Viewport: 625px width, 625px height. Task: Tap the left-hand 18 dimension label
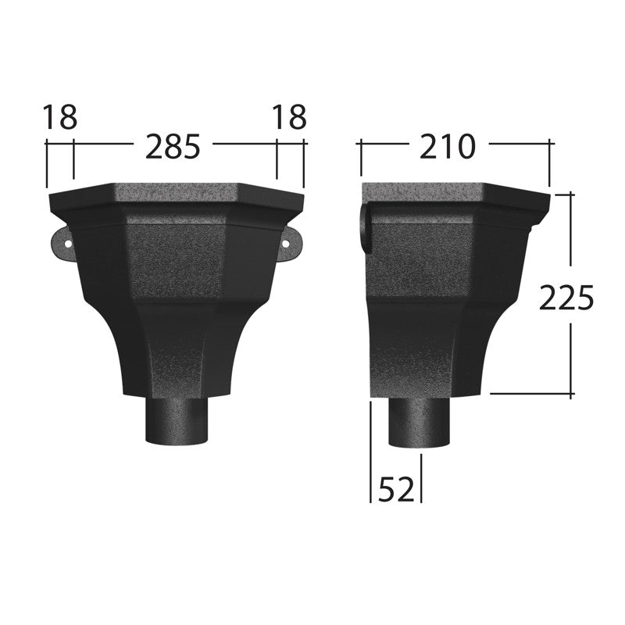[60, 118]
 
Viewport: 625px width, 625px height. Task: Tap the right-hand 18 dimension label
[288, 118]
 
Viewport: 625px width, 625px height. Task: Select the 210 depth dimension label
[447, 146]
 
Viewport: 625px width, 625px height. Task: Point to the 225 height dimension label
[567, 298]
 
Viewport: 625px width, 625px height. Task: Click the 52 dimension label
[396, 489]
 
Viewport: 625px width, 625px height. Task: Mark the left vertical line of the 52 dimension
[370, 453]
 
